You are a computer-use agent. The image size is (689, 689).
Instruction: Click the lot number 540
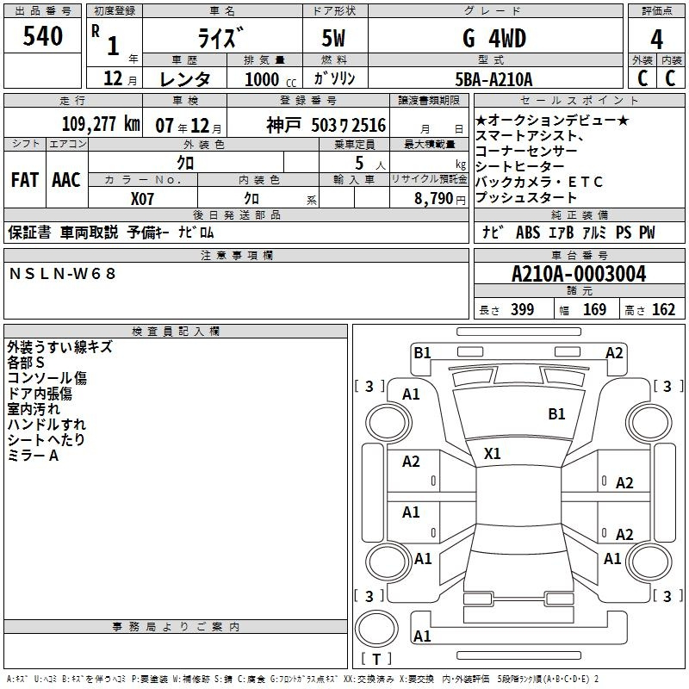click(x=42, y=36)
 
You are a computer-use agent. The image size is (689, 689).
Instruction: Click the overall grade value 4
click(x=656, y=39)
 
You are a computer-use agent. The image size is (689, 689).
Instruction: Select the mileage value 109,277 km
click(x=101, y=124)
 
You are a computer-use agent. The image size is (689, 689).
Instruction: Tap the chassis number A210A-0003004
click(x=579, y=274)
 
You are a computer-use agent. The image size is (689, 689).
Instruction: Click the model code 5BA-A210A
click(x=493, y=79)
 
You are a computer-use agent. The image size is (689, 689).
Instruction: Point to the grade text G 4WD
click(x=494, y=38)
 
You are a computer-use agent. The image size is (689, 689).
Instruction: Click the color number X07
click(x=142, y=199)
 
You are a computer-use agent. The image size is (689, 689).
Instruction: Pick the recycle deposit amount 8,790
click(x=434, y=199)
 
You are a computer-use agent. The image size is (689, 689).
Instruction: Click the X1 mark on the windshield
click(x=492, y=454)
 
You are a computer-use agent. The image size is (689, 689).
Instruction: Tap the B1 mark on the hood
click(x=556, y=414)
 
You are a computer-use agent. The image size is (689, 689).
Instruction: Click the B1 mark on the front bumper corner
click(x=422, y=352)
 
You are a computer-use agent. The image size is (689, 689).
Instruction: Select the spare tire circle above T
click(x=376, y=629)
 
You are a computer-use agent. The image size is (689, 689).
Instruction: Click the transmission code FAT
click(x=25, y=180)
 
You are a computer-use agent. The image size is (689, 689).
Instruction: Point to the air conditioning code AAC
click(x=66, y=180)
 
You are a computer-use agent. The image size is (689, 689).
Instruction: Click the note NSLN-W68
click(x=62, y=274)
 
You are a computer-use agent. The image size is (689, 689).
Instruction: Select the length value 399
click(x=522, y=309)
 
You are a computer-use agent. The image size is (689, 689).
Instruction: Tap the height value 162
click(x=663, y=309)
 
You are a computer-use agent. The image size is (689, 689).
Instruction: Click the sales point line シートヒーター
click(x=519, y=166)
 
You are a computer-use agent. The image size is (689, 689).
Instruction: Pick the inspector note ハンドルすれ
click(x=47, y=424)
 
